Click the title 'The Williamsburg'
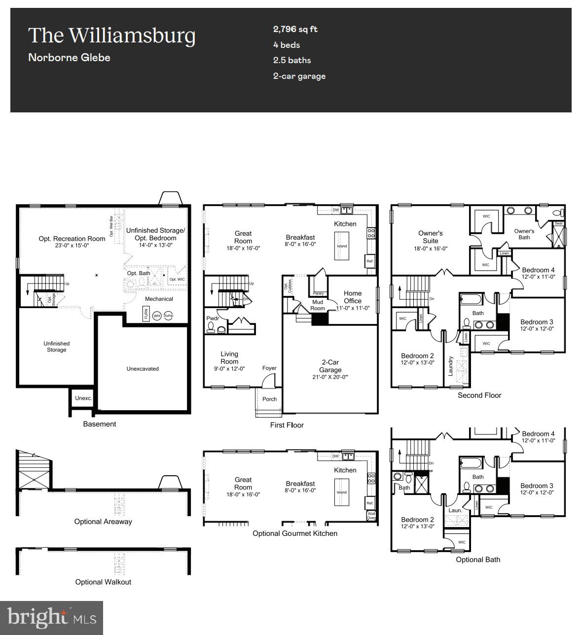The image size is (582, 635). [x=111, y=35]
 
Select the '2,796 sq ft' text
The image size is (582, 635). [x=295, y=29]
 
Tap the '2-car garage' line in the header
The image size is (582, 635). [x=299, y=76]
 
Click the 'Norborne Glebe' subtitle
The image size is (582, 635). [x=69, y=58]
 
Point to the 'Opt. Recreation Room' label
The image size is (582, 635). [x=72, y=239]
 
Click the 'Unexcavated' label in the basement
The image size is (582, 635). [x=143, y=369]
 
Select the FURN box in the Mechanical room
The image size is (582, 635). [x=146, y=314]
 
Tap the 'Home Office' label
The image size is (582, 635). [x=353, y=297]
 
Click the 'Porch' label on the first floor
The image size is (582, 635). [x=269, y=399]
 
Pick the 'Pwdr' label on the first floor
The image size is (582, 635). [x=213, y=318]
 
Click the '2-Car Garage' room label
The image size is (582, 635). [x=330, y=366]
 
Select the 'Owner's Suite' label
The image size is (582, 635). [x=430, y=237]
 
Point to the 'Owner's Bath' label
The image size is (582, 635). [x=524, y=234]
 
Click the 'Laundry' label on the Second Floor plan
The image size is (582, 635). [x=450, y=366]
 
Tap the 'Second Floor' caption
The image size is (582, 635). [x=479, y=395]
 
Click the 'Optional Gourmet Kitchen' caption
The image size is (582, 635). [x=295, y=533]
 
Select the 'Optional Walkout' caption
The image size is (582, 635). [x=103, y=582]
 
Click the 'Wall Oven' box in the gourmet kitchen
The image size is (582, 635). [x=371, y=516]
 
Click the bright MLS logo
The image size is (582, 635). [x=52, y=618]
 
